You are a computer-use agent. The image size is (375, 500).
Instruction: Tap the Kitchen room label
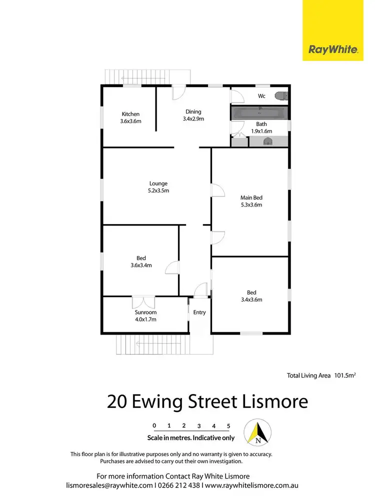(130, 114)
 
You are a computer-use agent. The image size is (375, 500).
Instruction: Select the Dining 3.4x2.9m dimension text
(193, 119)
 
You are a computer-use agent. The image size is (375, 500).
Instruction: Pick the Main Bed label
(251, 197)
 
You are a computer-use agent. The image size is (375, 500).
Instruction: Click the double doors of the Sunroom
(143, 302)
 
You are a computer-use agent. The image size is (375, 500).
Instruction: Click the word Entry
(199, 312)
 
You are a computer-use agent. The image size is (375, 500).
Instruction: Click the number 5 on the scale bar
(228, 426)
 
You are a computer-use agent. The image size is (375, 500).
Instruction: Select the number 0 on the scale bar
(154, 426)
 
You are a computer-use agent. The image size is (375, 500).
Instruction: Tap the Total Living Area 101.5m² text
(324, 375)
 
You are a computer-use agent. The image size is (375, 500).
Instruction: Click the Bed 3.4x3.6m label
(251, 296)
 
